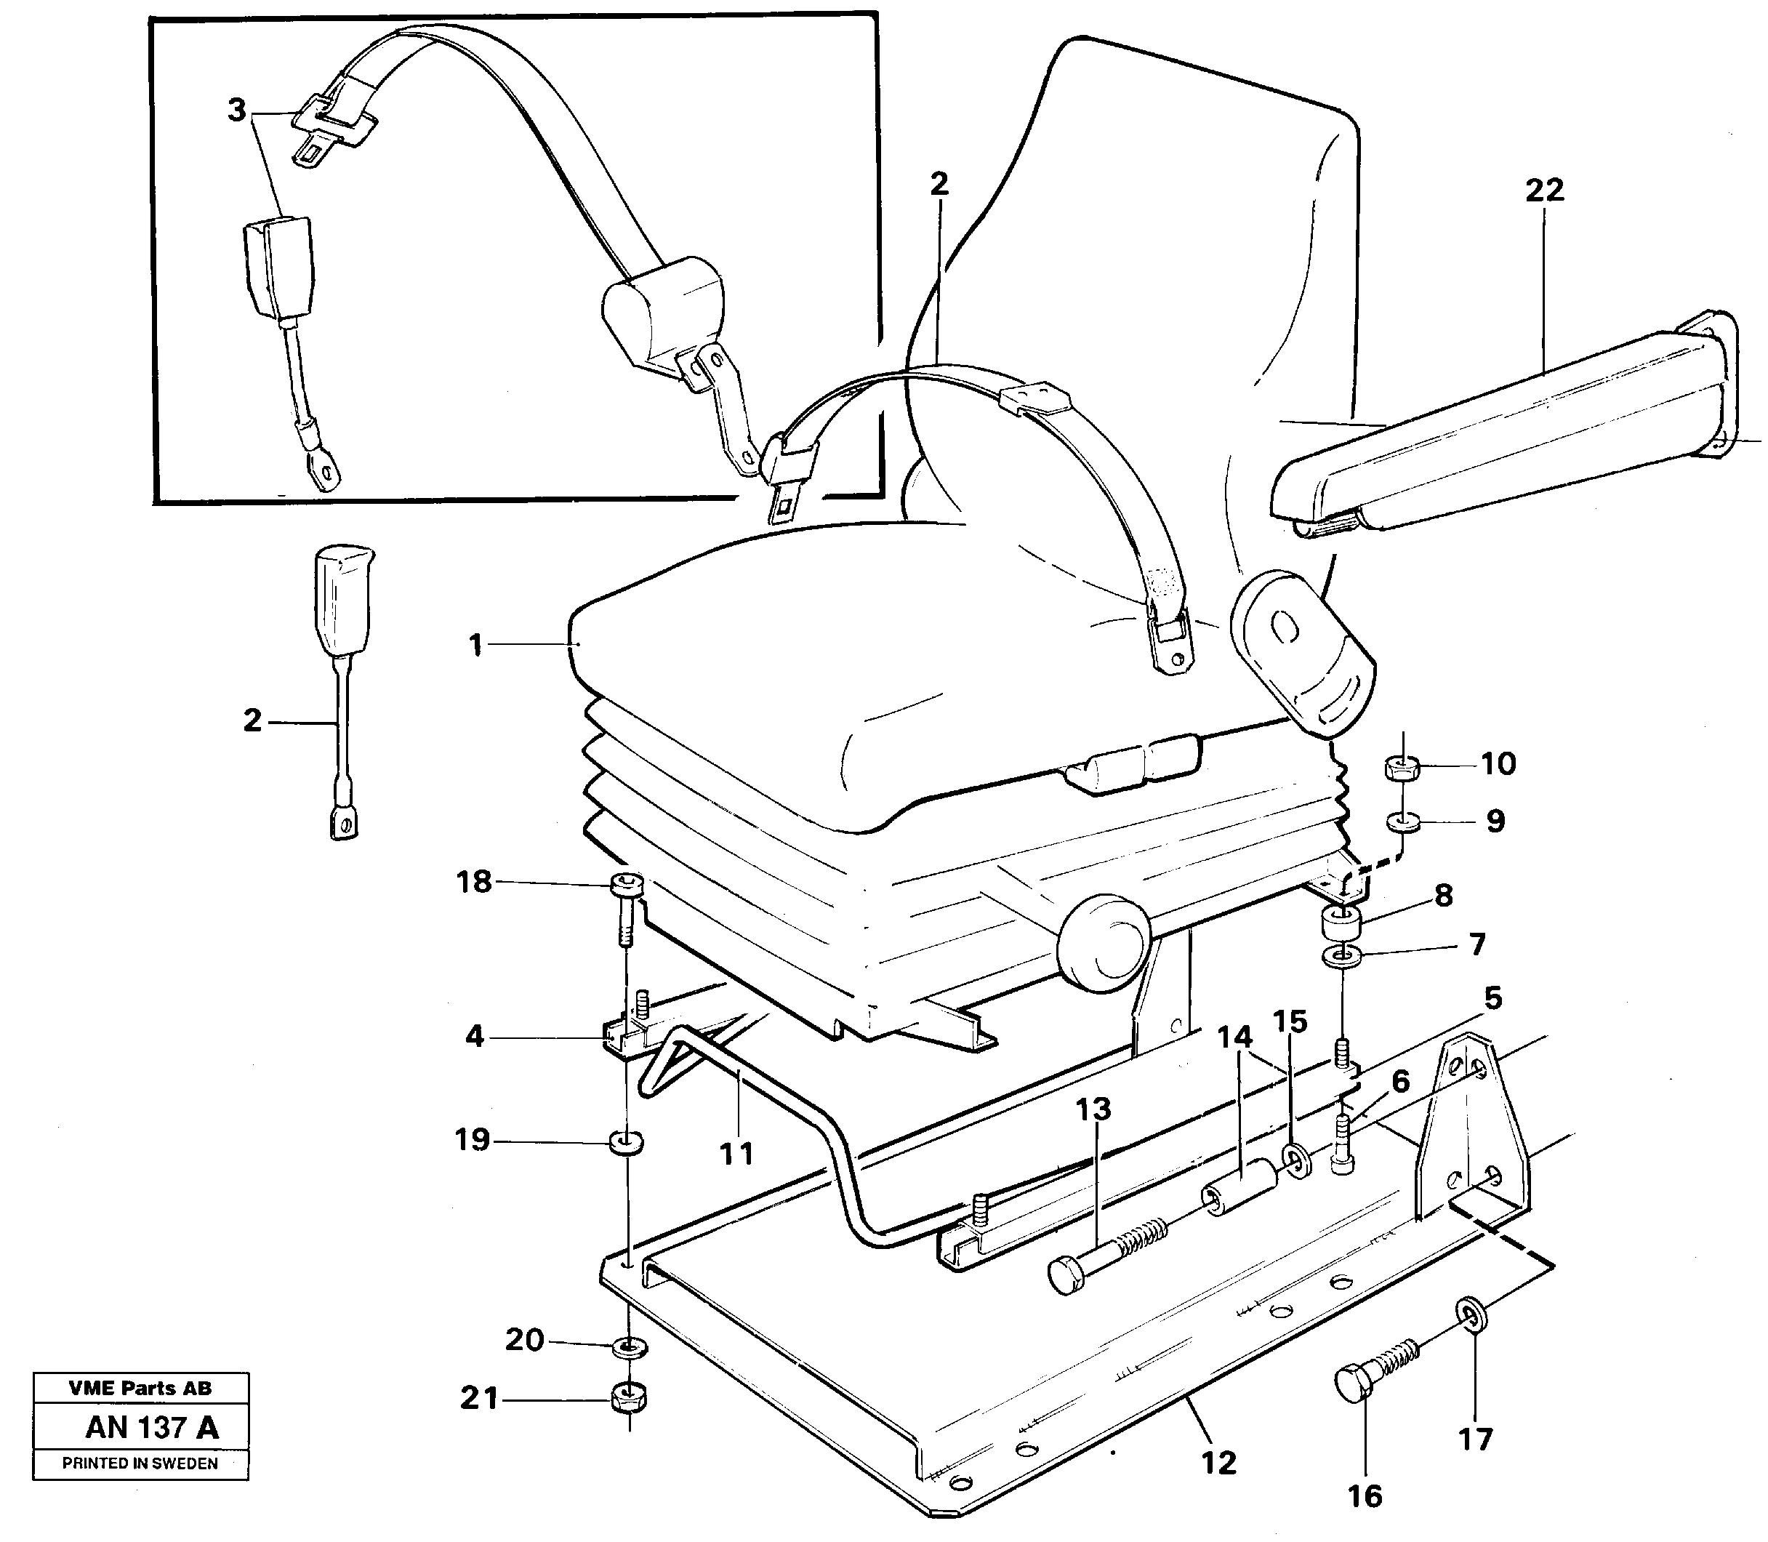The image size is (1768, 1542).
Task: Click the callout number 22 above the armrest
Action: (1543, 190)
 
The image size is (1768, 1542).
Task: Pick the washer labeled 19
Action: (627, 1144)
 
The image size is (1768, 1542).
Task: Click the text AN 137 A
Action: (151, 1428)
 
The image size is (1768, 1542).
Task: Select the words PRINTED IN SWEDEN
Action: (140, 1463)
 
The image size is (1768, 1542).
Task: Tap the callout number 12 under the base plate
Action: (1218, 1462)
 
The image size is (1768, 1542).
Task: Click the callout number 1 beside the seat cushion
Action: (475, 646)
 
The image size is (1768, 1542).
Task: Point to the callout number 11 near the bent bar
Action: (736, 1153)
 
